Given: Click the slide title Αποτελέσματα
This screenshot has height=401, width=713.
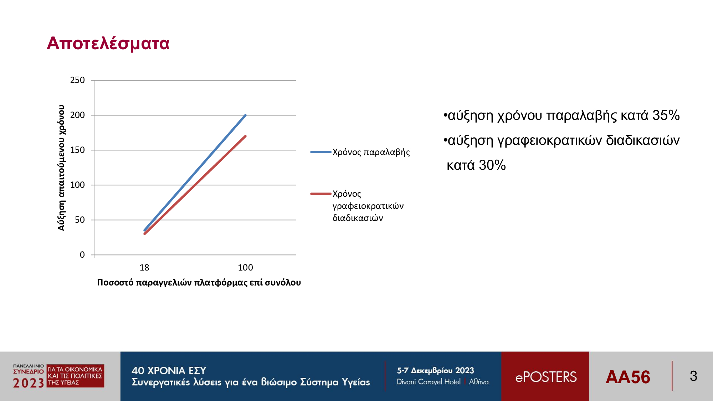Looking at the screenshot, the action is coord(108,43).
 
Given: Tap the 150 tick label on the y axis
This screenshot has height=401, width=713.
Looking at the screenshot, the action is coord(77,150).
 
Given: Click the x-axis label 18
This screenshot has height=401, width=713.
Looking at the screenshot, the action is coord(144,268).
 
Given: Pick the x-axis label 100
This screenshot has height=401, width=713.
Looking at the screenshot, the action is coord(245,268).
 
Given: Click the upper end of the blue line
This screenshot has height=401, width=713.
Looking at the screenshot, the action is coord(246,115).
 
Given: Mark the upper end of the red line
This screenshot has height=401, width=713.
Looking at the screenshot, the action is coord(246,136).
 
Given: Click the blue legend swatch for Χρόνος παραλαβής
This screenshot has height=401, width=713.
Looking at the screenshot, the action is coord(321,152).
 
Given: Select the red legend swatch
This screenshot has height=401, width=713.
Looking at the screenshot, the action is coord(321,194).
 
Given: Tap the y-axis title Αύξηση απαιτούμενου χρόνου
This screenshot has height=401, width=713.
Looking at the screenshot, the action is coord(61,168).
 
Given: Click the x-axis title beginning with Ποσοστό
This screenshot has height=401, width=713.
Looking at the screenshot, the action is coord(199,283).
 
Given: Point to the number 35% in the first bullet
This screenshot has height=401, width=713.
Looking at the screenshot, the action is coord(666,115).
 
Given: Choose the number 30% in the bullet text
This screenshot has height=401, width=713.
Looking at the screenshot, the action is coord(492,165).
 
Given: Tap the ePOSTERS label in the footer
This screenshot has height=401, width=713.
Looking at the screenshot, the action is coord(546,377).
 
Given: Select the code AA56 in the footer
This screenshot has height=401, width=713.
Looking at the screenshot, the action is coord(628,377).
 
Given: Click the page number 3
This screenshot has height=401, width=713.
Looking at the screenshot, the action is coord(693,376).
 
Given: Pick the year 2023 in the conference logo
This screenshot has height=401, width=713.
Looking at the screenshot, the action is coord(29,383).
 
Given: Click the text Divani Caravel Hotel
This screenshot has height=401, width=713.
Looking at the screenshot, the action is coord(429,382).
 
